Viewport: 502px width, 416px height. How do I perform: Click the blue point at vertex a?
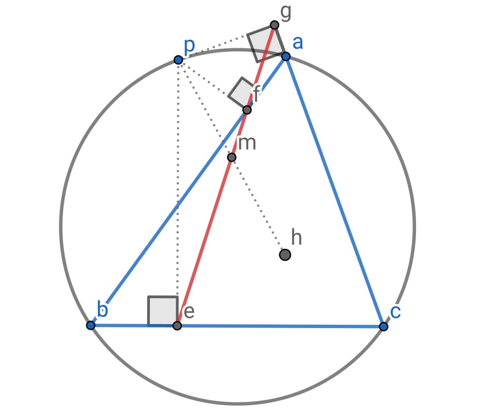point(286,57)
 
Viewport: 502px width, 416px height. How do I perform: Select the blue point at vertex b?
point(90,325)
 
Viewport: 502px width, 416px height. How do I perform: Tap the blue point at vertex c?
point(383,327)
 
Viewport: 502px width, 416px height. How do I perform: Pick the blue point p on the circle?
point(179,60)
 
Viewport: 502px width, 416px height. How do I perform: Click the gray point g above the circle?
point(275,25)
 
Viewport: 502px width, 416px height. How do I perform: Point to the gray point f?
point(247,110)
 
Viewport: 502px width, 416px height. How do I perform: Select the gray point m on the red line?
point(232,157)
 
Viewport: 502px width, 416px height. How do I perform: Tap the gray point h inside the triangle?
point(285,255)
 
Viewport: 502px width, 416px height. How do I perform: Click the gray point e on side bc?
point(177,326)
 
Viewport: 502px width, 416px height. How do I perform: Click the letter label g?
point(286,13)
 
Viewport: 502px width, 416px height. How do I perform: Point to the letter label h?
point(296,237)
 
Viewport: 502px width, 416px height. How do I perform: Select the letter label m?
point(247,143)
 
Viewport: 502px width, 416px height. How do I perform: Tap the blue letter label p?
point(189,47)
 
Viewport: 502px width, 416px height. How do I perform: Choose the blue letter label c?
point(396,312)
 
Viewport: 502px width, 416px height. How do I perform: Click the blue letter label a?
point(298,43)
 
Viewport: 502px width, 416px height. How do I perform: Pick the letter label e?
point(189,312)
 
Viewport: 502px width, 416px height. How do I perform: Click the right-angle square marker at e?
point(163,311)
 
